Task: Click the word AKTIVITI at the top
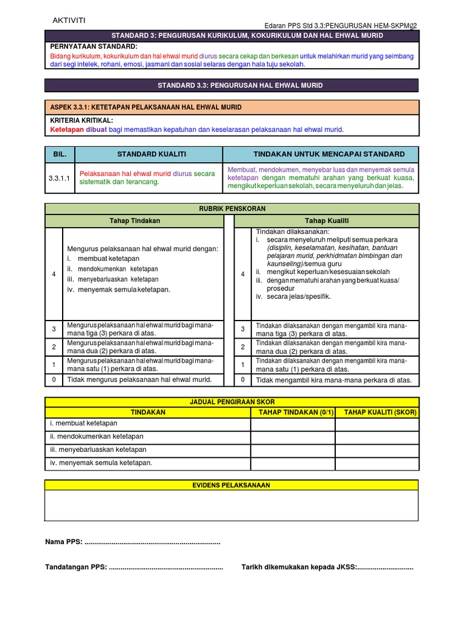coord(69,20)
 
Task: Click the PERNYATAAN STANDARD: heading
coord(93,46)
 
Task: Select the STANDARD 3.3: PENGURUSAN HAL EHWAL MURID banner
coord(231,86)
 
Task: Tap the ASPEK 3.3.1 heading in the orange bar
coord(145,107)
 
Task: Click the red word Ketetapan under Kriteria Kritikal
coord(66,130)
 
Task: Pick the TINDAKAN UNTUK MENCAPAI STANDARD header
coord(320,154)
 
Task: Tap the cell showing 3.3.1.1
coord(59,178)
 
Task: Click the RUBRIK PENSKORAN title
coord(231,208)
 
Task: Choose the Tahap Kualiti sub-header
coord(326,221)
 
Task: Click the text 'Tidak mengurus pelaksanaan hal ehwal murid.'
coord(139,380)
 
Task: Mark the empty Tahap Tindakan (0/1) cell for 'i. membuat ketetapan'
coord(292,424)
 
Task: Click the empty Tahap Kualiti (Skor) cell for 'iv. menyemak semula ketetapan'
coord(377,463)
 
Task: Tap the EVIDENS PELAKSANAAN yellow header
coord(231,485)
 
